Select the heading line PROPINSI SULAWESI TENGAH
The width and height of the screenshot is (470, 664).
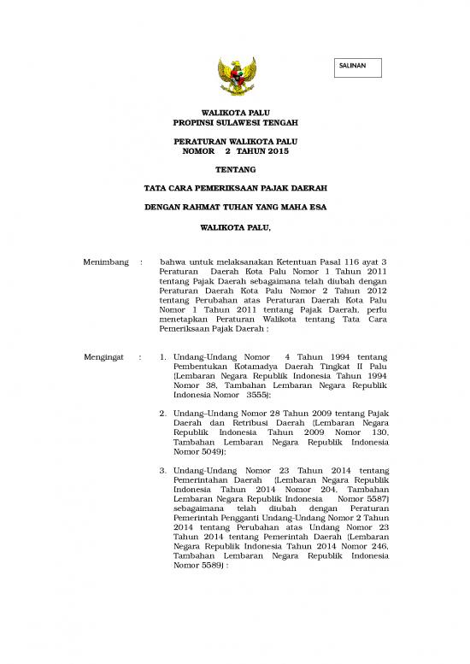(234, 123)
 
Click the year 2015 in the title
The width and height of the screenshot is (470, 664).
(278, 151)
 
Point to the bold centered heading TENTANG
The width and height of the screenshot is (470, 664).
(234, 169)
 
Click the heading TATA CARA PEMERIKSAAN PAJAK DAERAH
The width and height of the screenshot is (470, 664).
(234, 187)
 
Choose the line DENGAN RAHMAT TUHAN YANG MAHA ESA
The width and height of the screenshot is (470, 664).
(234, 206)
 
